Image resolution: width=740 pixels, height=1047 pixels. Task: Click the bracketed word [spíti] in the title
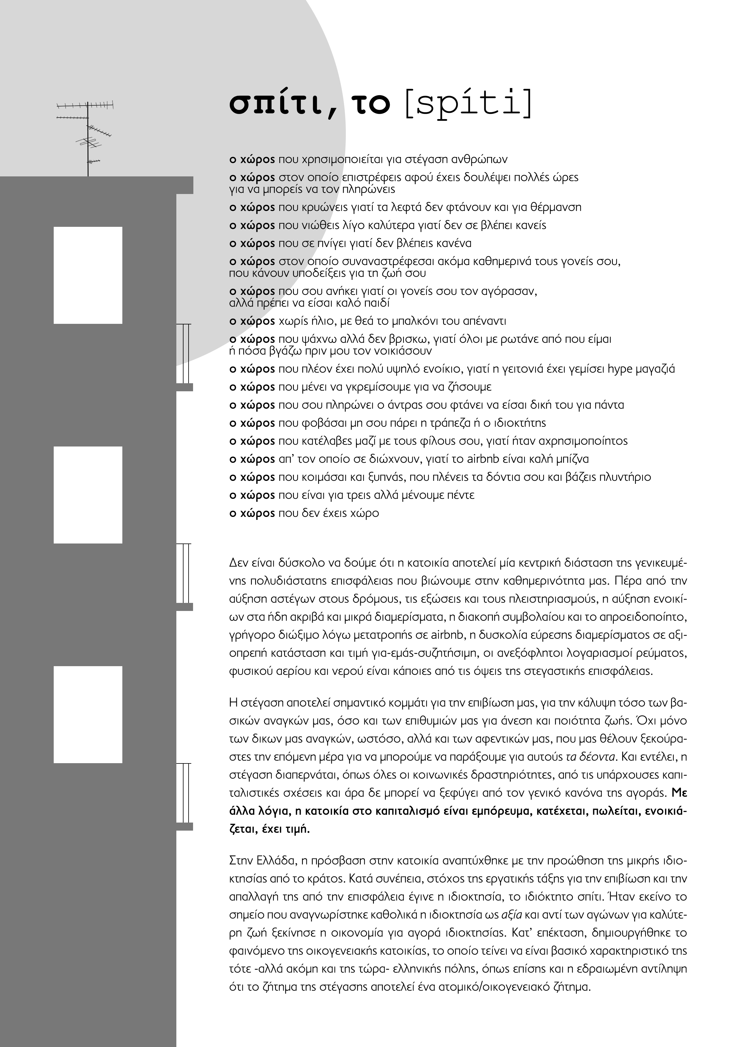click(x=468, y=104)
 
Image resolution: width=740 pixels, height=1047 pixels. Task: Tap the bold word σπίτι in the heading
click(x=278, y=104)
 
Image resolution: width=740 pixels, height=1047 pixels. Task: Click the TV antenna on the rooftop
click(x=87, y=137)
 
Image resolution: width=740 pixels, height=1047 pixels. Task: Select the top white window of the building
click(x=88, y=275)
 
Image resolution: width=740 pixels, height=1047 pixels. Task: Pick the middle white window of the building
click(x=88, y=495)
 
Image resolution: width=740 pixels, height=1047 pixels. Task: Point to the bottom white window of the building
click(x=88, y=715)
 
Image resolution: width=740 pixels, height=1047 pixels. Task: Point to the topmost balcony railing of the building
click(x=183, y=353)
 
